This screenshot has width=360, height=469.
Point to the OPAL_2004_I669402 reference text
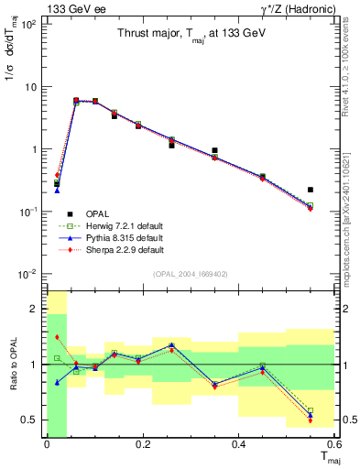click(x=191, y=272)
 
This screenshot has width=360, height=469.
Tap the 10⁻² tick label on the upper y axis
click(x=28, y=274)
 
